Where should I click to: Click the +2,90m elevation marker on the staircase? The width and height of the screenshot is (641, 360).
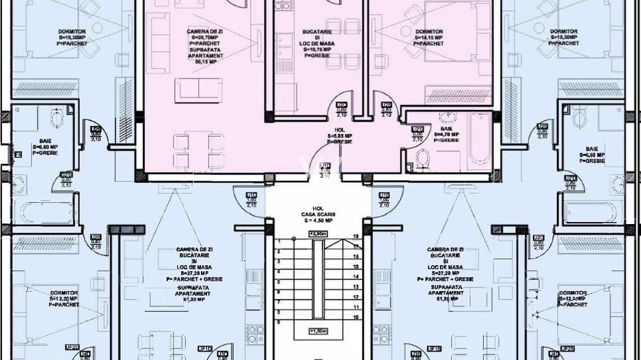[317, 234]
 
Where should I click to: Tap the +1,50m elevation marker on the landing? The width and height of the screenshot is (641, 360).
[317, 330]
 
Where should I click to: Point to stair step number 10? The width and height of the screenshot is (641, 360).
[355, 318]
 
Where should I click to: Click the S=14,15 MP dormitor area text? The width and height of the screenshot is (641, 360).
[428, 38]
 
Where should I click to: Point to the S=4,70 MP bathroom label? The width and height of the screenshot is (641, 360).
[446, 135]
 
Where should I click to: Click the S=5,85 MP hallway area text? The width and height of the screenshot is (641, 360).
[340, 135]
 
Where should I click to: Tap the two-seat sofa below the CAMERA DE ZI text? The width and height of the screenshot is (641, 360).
[198, 87]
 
